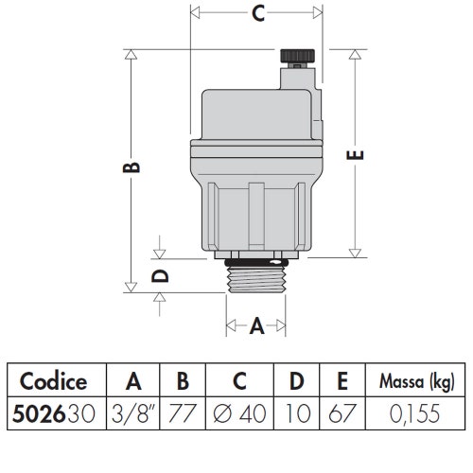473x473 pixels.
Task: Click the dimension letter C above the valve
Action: tap(256, 14)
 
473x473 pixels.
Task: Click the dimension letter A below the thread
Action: tap(256, 327)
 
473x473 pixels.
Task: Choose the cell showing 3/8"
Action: tap(134, 413)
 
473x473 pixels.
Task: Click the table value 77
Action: tap(183, 413)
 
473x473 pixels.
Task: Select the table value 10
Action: tap(296, 413)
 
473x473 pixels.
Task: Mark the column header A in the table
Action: tap(134, 382)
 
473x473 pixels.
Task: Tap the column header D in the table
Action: tap(296, 382)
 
